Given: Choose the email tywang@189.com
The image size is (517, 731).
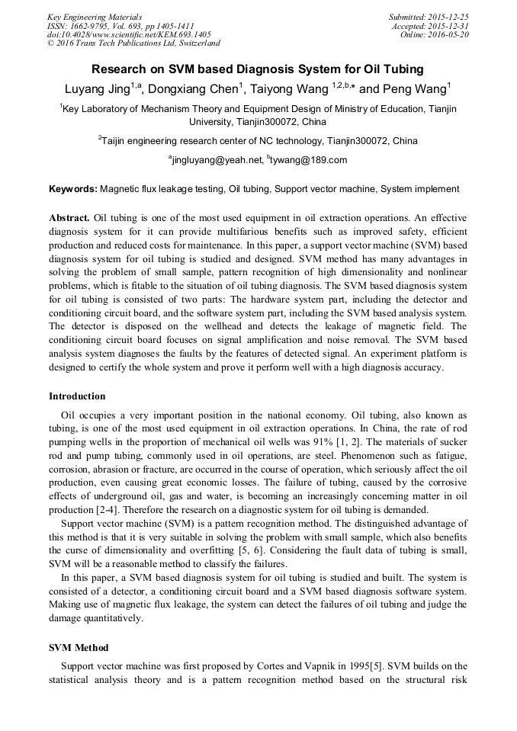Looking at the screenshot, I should (309, 160).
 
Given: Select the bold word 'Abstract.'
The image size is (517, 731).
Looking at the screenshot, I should (70, 217).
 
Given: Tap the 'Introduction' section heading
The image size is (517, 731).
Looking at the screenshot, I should (77, 396).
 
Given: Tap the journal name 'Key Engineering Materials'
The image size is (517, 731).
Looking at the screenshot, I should (95, 17).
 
